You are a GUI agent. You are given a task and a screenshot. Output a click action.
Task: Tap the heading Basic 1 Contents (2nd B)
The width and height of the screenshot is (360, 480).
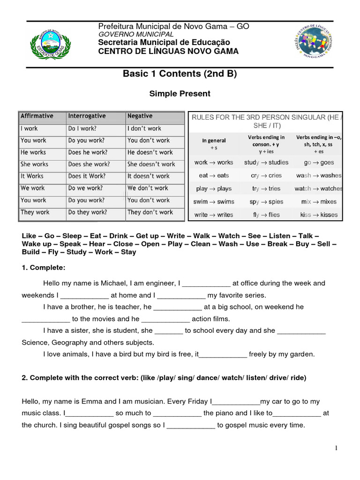180,74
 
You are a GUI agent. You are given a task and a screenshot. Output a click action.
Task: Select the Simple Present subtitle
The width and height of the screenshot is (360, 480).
180,94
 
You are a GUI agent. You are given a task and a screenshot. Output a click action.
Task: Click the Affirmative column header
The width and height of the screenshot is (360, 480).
37,116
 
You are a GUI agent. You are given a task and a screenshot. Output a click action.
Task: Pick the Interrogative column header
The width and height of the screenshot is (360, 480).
87,116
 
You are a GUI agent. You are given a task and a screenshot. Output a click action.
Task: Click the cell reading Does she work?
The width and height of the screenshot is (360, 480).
89,164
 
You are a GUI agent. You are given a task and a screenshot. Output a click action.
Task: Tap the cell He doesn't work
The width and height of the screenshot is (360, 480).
150,152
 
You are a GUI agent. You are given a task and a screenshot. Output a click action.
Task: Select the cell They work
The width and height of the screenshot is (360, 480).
35,212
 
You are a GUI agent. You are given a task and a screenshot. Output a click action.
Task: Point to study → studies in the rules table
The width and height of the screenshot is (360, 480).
266,163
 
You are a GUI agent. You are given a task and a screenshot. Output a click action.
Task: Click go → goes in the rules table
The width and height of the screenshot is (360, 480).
319,163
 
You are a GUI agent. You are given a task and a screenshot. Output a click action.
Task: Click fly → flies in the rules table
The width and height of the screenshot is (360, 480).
266,215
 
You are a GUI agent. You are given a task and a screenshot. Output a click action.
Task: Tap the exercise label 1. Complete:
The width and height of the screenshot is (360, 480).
44,268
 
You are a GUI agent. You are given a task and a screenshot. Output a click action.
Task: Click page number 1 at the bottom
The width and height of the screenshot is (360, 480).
336,449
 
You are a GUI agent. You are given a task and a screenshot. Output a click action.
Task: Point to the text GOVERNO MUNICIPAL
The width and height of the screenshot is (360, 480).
135,34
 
